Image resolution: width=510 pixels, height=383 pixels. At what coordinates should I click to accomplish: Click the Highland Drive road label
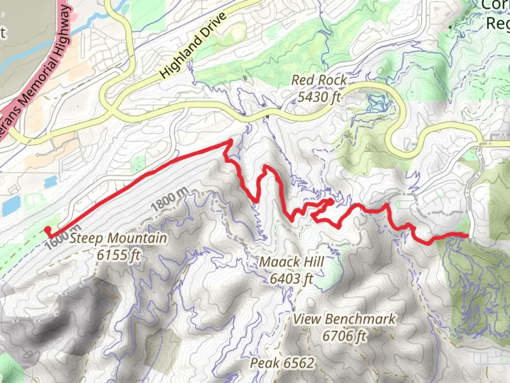[x=193, y=46]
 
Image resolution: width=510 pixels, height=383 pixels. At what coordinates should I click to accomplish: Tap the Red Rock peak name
[x=319, y=80]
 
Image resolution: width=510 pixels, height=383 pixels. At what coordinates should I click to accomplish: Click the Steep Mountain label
[x=118, y=238]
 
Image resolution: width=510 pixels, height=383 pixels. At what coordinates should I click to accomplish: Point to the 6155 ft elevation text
[x=119, y=254]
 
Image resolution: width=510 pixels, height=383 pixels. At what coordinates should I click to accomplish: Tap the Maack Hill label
[x=291, y=262]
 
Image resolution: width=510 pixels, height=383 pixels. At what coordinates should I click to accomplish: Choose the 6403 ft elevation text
[x=291, y=279]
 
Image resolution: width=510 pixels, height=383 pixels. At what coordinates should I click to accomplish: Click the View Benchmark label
[x=344, y=319]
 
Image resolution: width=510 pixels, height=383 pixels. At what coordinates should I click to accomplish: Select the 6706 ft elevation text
[x=344, y=335]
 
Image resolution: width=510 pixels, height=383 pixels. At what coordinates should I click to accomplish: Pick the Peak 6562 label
[x=282, y=363]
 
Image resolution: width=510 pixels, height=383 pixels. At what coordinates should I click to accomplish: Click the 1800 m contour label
[x=169, y=201]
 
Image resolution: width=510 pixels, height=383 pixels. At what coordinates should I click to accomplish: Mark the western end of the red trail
[x=47, y=230]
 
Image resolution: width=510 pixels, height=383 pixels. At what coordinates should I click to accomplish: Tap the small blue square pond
[x=50, y=182]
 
